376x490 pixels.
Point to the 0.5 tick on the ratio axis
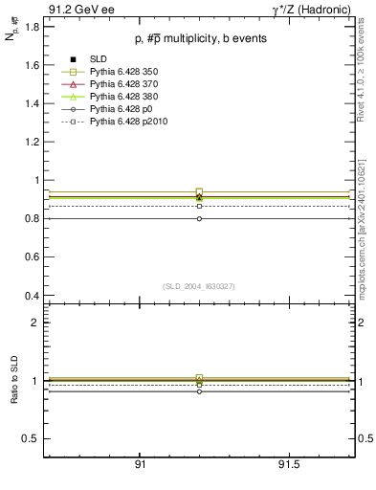point(31,438)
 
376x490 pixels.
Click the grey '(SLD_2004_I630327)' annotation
point(199,286)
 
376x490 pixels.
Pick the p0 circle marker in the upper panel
point(199,218)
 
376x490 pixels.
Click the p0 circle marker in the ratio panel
point(199,391)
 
